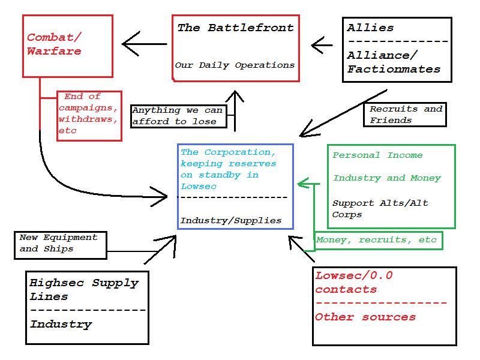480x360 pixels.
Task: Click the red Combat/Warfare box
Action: coord(68,46)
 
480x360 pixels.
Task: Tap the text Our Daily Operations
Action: coord(235,65)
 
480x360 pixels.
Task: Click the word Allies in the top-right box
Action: coord(370,28)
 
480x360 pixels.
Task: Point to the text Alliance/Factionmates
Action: coord(393,62)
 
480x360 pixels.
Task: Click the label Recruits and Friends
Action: coord(406,114)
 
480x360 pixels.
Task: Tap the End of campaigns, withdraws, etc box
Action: coord(89,116)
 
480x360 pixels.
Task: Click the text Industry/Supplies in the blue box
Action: coord(231,220)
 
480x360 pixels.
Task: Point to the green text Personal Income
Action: coord(377,155)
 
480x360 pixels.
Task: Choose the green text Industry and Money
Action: coord(387,178)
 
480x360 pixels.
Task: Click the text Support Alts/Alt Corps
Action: coord(380,208)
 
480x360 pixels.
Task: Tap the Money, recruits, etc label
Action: coord(377,240)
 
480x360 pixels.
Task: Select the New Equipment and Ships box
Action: coord(60,245)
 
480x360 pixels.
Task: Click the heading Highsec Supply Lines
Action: coord(84,289)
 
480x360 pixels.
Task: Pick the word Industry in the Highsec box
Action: coord(61,325)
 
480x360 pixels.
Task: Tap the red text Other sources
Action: coord(365,317)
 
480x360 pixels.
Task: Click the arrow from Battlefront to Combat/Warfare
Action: coord(144,44)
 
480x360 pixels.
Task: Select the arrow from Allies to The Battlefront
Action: coord(322,44)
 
